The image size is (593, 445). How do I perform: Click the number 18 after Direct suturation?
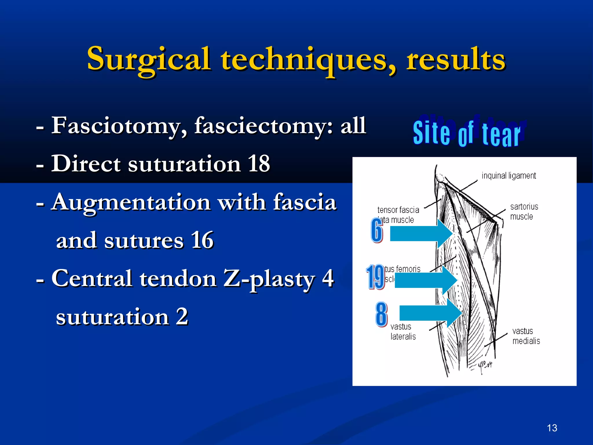pos(259,164)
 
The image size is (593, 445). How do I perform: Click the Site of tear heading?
pos(467,133)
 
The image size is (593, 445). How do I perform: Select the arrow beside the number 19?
pos(425,280)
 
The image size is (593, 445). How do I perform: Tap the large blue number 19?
pos(375,277)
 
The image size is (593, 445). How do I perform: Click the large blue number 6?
pos(377,230)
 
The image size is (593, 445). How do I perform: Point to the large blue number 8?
pos(381,314)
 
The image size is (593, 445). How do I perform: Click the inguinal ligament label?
pos(508,176)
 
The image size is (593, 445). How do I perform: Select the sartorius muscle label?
pos(524,211)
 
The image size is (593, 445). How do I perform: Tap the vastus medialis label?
pos(526,336)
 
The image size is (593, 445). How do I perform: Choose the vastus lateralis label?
pos(403,332)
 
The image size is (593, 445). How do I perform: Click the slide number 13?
pos(552,428)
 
